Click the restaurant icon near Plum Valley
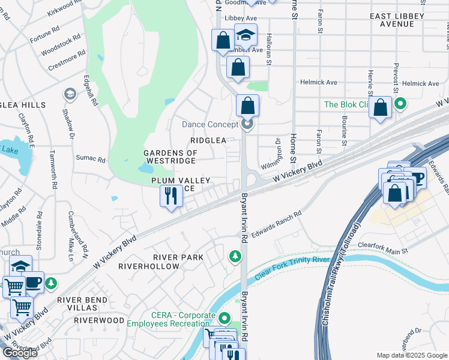click(x=171, y=196)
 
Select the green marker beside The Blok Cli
click(x=400, y=104)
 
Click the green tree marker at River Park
click(x=235, y=257)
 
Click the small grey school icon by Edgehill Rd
click(x=70, y=94)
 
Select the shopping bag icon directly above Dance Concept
click(x=247, y=106)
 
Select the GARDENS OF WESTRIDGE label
click(x=170, y=157)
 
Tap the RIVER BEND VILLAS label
click(x=82, y=304)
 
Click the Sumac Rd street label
click(x=91, y=159)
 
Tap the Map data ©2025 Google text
click(x=412, y=355)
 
